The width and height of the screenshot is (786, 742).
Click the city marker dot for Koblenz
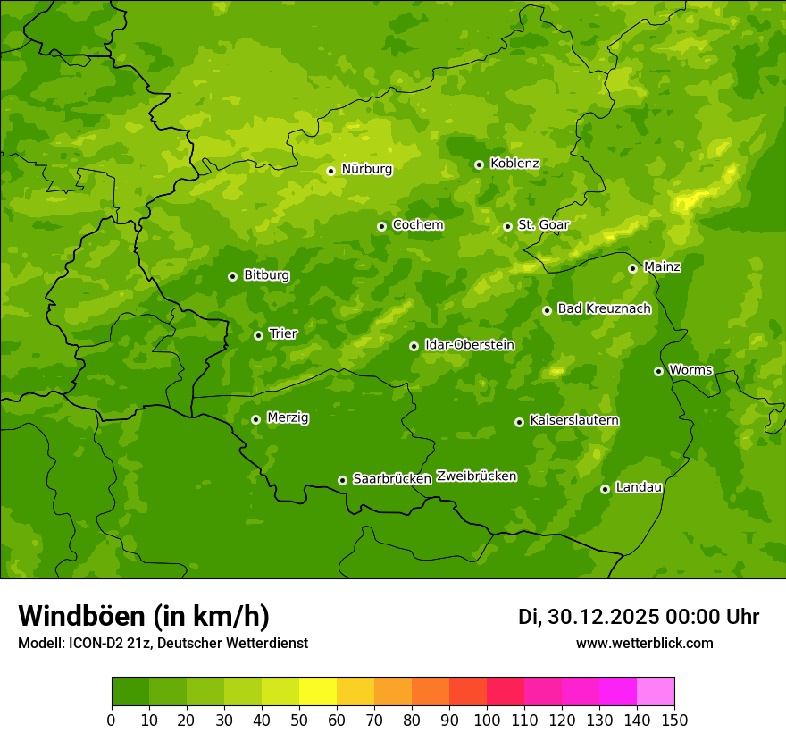479,164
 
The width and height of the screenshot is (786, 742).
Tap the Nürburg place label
366,169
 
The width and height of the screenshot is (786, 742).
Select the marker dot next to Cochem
381,226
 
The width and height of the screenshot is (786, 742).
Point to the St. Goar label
543,224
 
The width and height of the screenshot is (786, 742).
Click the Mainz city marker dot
632,268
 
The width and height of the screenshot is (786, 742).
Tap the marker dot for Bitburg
232,276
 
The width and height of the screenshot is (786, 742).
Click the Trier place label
283,333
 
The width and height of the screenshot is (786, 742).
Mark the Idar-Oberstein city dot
414,346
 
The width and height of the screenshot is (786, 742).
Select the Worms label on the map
690,370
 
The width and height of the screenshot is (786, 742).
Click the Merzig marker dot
255,419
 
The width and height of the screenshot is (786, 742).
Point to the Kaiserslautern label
574,420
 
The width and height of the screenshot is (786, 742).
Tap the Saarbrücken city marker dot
342,480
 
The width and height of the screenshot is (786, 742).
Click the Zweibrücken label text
476,476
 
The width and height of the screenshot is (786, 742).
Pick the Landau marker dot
605,489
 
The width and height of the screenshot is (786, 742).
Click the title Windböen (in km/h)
144,616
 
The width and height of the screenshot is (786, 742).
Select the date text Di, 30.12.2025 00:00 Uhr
639,617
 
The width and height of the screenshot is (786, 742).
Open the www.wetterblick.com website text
645,644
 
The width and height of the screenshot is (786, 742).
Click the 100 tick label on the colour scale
487,720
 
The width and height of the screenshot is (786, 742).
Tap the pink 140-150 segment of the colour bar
656,692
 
